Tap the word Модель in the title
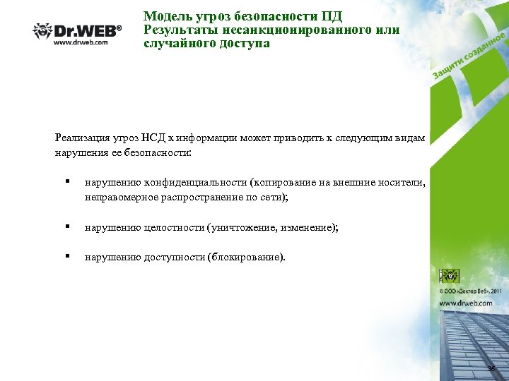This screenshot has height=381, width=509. pos(165,16)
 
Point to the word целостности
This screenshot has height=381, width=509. pos(170,228)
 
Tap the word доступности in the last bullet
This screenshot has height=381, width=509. pos(171,258)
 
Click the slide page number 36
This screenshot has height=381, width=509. pos(491,370)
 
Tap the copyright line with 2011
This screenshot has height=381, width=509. pos(471,290)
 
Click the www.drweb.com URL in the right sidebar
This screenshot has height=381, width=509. pos(466,303)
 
